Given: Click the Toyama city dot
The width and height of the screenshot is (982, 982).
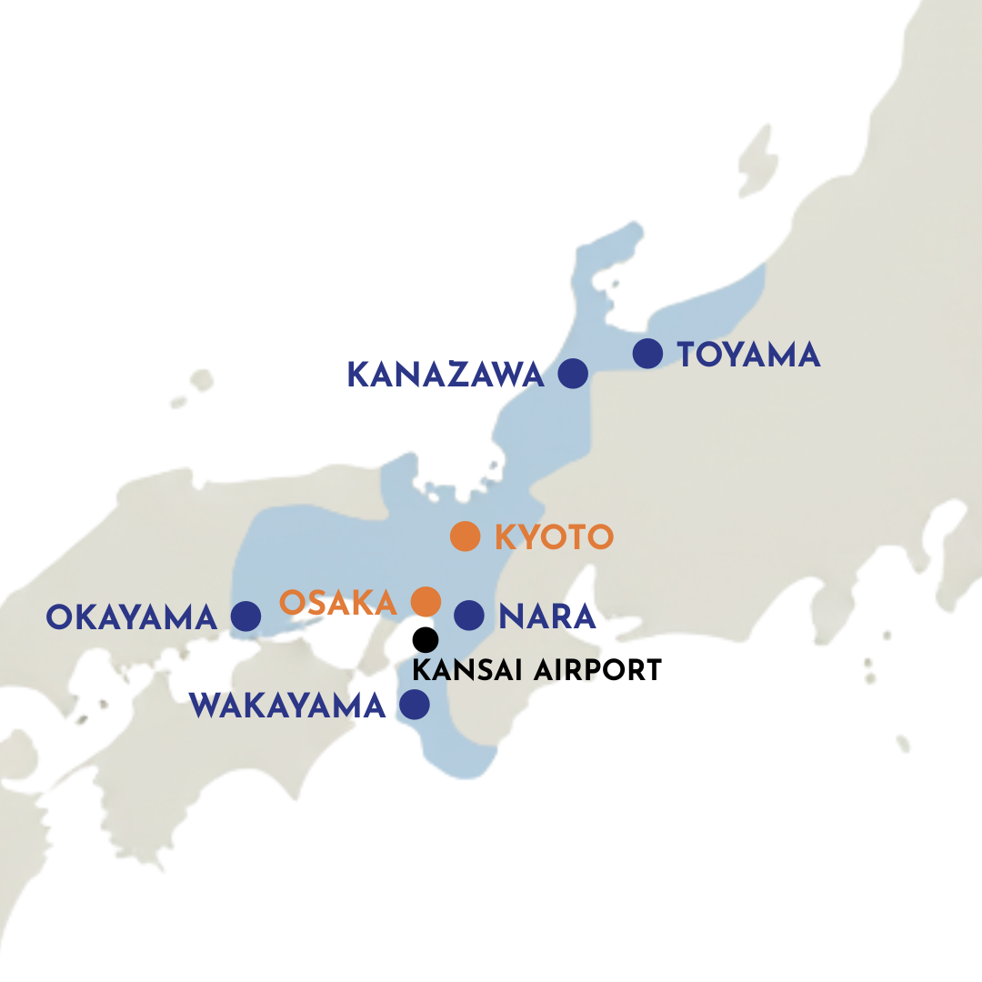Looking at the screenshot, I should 647,353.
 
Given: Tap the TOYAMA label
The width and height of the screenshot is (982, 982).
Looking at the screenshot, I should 749,355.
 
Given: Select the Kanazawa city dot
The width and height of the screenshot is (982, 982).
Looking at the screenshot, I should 572,374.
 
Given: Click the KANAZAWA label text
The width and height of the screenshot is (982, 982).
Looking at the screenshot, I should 446,375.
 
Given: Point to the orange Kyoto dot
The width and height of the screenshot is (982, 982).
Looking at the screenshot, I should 465,536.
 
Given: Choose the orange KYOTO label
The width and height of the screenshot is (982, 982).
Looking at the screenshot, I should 554,537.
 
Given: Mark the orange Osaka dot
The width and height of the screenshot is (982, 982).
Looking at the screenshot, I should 426,601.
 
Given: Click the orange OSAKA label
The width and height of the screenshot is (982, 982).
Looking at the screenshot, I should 338,602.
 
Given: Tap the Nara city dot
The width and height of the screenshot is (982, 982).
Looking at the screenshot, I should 468,616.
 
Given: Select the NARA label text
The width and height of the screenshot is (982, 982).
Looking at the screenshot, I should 547,616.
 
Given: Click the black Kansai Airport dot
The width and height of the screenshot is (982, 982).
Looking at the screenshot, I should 426,639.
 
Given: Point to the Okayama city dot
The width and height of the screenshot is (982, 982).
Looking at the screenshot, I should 245,616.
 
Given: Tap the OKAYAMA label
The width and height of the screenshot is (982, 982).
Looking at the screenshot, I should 132,617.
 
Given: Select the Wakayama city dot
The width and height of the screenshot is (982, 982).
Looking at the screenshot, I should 414,705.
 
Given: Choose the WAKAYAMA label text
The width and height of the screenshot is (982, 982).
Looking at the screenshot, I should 287,706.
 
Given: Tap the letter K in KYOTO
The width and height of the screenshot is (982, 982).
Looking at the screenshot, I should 505,537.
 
